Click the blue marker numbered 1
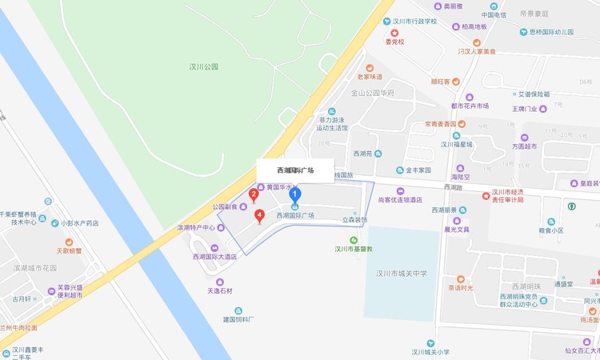pos(294,193)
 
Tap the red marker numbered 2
pos(254,194)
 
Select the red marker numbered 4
pos(259,215)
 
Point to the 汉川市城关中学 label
pos(402,273)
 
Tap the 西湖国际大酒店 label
pos(214,256)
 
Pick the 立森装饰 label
pos(354,219)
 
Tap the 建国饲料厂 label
pos(238,319)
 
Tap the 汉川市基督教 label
pos(354,248)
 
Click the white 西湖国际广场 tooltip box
pos(294,170)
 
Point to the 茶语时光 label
pos(460,288)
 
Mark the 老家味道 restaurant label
pos(370,77)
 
